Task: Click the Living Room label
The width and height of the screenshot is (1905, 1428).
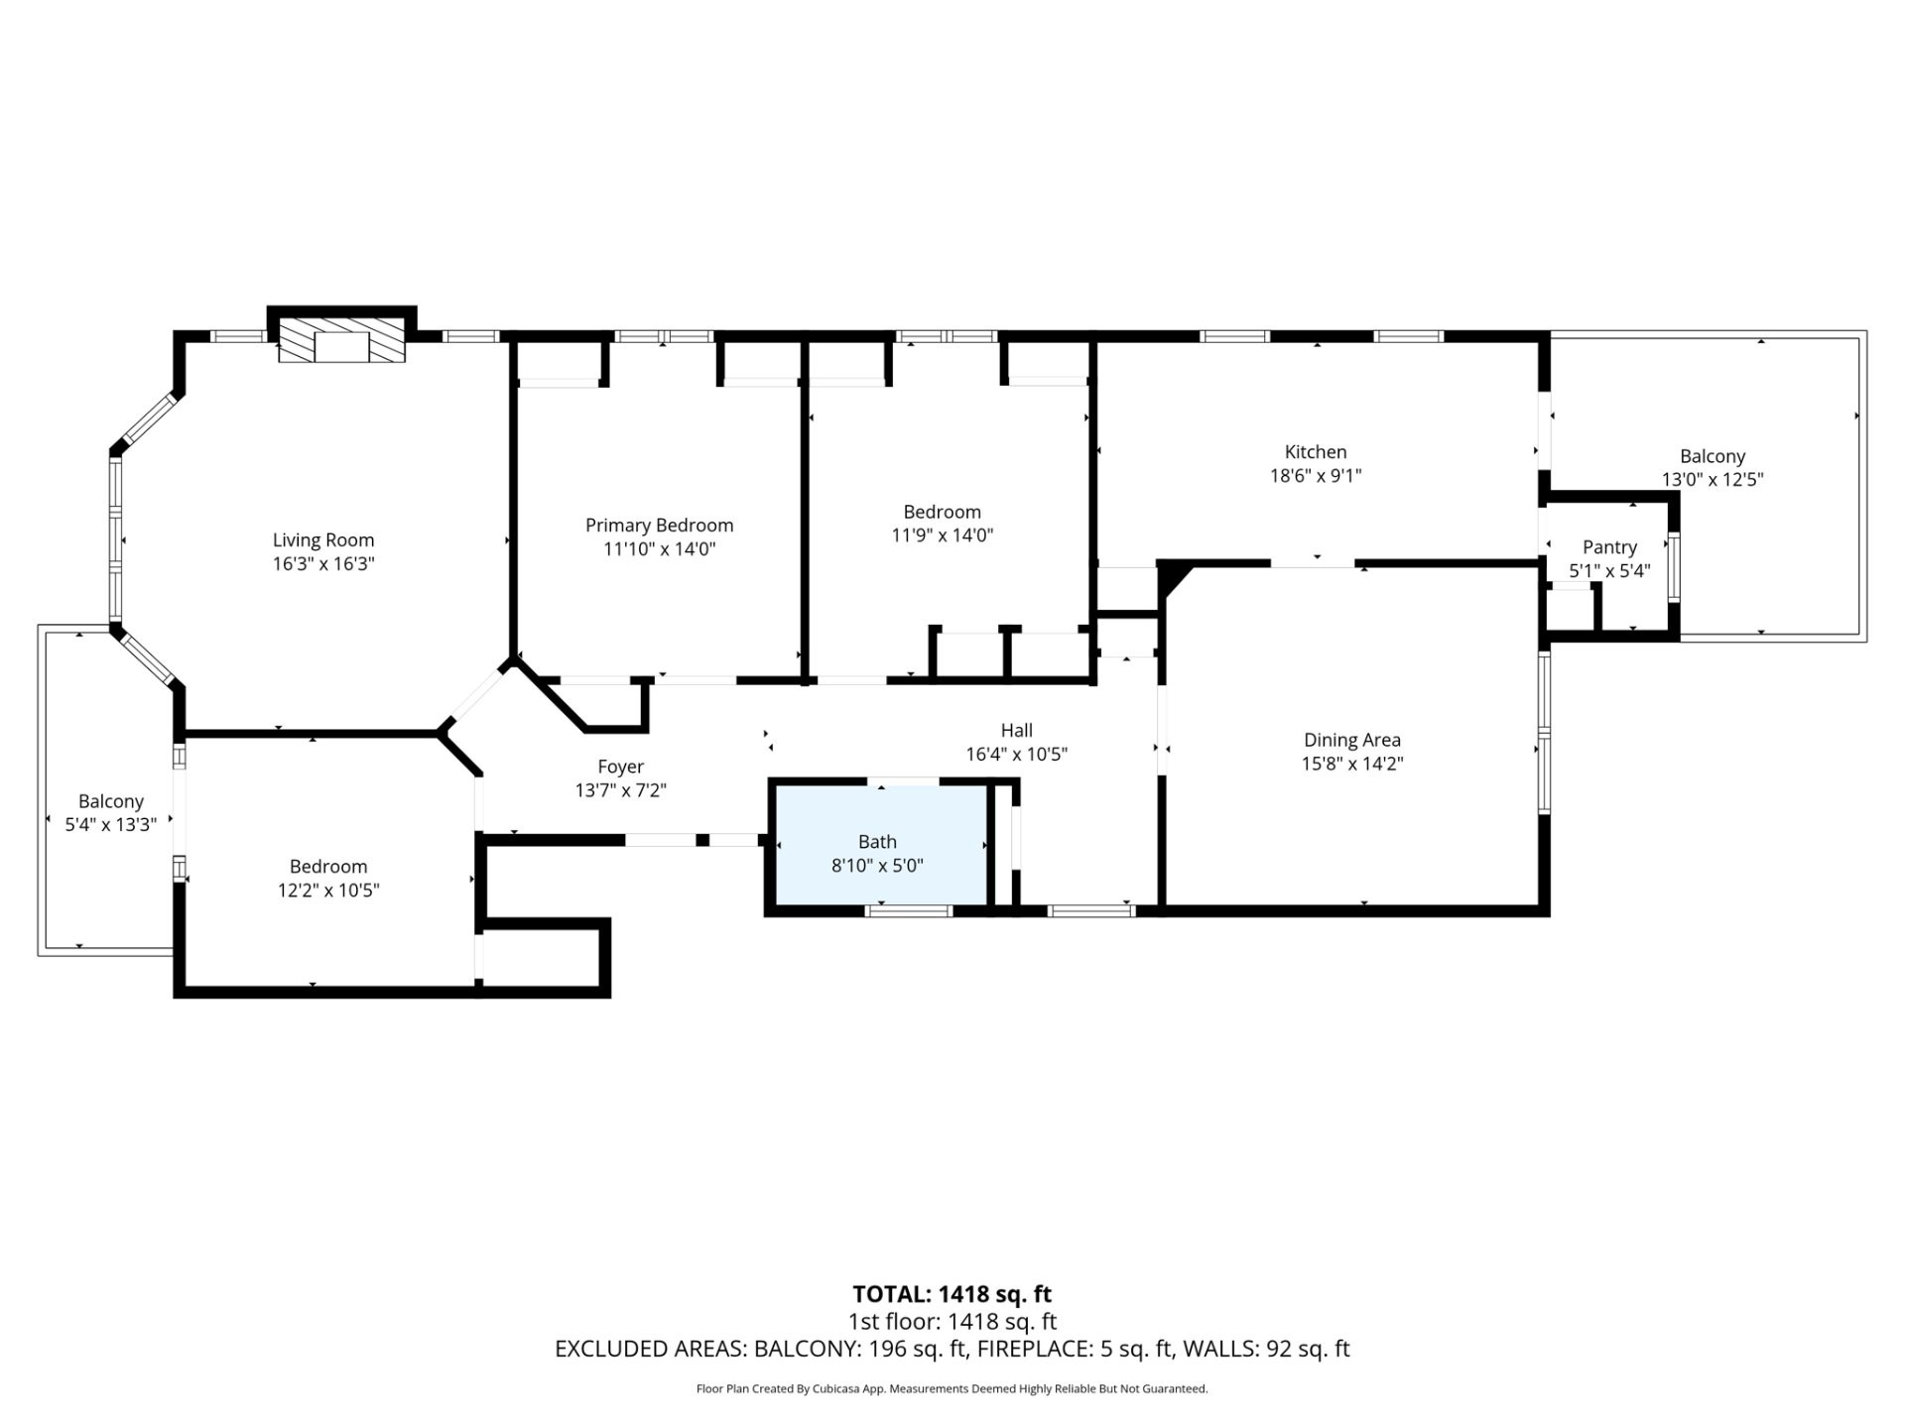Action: (323, 540)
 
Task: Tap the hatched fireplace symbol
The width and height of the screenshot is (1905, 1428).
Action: (341, 340)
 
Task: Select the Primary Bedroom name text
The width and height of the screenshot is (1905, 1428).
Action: (659, 526)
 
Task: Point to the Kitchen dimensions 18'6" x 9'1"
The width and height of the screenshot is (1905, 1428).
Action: (1316, 476)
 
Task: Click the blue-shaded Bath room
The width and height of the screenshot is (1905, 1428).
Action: (880, 844)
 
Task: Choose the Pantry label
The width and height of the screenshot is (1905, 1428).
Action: (1609, 547)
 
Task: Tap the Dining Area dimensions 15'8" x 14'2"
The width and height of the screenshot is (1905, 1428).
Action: (1352, 764)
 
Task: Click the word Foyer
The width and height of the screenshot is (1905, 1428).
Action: (620, 767)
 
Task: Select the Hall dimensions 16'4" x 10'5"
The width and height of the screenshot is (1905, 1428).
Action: (1016, 755)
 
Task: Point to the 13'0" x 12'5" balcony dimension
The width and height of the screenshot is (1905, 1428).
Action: (1713, 480)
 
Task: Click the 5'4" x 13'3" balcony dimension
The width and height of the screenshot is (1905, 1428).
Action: (111, 825)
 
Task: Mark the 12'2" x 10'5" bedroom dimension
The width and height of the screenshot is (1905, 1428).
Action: (328, 891)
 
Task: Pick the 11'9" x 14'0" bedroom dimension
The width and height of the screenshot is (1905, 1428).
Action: (942, 535)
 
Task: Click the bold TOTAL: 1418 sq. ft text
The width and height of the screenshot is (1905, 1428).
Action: (952, 1294)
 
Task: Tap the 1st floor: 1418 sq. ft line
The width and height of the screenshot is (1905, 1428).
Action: (952, 1322)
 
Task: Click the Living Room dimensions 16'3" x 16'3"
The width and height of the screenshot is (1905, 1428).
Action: (323, 564)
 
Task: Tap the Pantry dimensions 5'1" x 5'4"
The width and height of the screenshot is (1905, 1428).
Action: (1609, 571)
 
